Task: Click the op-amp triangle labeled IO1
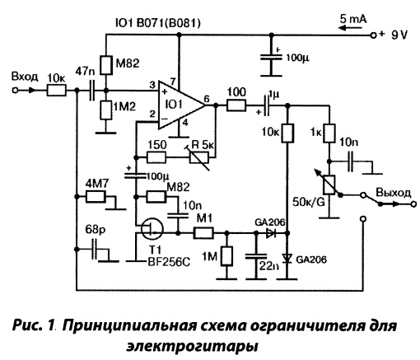tap(180, 105)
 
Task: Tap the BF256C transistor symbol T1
tap(152, 228)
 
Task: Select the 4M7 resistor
tap(96, 197)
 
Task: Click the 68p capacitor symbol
tap(95, 249)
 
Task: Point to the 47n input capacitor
tap(91, 90)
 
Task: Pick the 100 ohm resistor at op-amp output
tap(236, 105)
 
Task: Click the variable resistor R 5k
tap(199, 157)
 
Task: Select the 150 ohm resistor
tap(156, 157)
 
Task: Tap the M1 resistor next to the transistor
tap(203, 233)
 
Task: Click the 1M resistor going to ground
tap(226, 256)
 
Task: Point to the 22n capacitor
tap(256, 256)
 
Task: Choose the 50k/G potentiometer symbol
tap(329, 185)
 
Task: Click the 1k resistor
tap(329, 133)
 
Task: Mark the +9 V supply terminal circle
tap(373, 35)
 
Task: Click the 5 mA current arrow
tap(352, 28)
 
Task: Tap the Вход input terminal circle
tap(16, 90)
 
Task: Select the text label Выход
tap(394, 193)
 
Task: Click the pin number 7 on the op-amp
tap(173, 82)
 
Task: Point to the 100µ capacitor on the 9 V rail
tap(271, 58)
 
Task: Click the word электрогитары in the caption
tap(192, 345)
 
